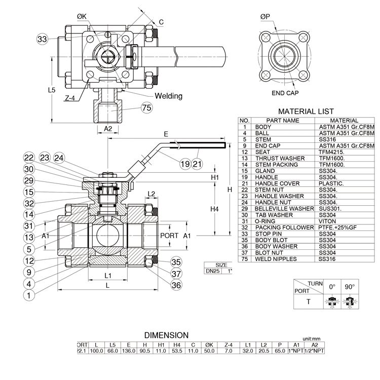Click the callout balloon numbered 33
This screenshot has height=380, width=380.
click(x=42, y=39)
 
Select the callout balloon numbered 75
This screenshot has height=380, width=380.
click(x=147, y=107)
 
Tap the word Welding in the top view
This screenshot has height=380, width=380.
click(x=168, y=96)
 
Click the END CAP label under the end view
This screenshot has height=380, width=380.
click(x=285, y=93)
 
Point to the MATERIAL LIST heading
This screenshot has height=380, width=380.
click(x=306, y=111)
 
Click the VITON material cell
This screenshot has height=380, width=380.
click(x=327, y=221)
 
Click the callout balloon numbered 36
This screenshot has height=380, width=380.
click(x=176, y=285)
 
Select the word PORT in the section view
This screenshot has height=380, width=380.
click(x=169, y=236)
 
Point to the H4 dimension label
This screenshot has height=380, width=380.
click(x=214, y=209)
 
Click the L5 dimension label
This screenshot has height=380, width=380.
click(x=51, y=90)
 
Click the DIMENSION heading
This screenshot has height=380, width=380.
click(x=167, y=335)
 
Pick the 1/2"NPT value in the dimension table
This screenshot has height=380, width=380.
click(x=315, y=351)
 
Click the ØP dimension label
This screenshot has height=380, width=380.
click(x=265, y=17)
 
